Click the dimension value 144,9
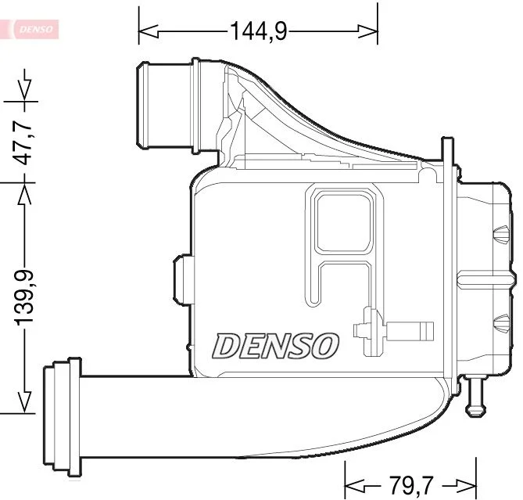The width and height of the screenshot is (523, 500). (258, 31)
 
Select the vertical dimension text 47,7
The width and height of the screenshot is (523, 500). (25, 142)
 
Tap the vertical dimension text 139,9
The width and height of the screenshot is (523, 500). (25, 296)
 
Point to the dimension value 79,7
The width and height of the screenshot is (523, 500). (410, 483)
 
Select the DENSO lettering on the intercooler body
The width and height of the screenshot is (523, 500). (277, 345)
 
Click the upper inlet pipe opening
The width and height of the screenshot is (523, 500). (145, 106)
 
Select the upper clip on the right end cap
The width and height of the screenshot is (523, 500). (499, 232)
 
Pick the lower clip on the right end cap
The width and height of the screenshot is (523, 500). (499, 320)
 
